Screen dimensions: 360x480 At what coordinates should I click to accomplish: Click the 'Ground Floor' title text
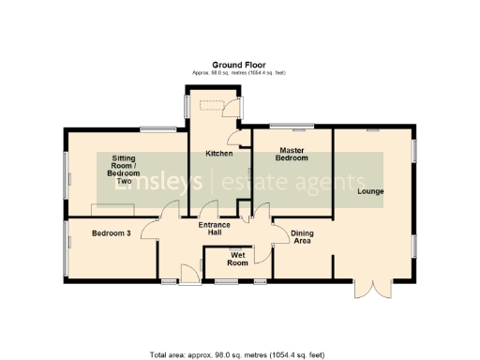(239, 65)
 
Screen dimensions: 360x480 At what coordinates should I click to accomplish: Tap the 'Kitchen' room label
(218, 153)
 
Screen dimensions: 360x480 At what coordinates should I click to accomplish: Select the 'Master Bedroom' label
(292, 154)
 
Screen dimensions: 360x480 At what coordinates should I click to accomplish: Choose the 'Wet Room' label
(237, 259)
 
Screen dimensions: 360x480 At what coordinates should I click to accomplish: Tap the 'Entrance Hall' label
(216, 228)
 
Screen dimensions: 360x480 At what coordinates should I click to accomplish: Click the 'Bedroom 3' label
(111, 233)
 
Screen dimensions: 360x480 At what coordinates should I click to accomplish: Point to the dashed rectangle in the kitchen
(217, 106)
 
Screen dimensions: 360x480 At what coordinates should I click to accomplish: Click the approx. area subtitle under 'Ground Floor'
(239, 73)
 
